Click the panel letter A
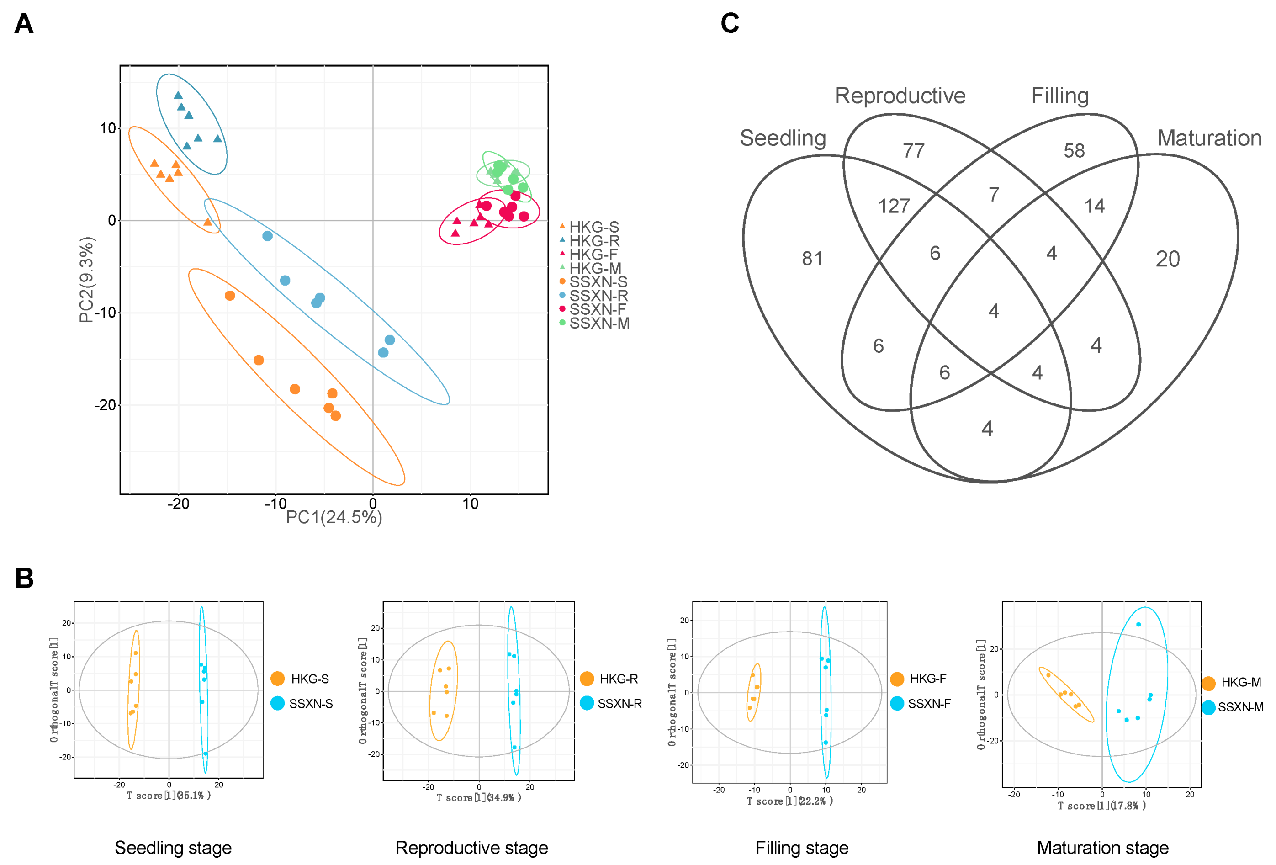pyautogui.click(x=24, y=24)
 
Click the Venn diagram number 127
pyautogui.click(x=894, y=206)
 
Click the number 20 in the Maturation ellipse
pyautogui.click(x=1167, y=259)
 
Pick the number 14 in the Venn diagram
pyautogui.click(x=1094, y=206)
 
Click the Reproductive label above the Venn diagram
pyautogui.click(x=900, y=96)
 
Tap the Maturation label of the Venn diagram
pyautogui.click(x=1209, y=138)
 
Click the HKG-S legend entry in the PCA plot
pyautogui.click(x=593, y=227)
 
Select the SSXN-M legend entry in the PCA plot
pyautogui.click(x=599, y=323)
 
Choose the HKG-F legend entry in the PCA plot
pyautogui.click(x=593, y=254)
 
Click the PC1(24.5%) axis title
pyautogui.click(x=334, y=517)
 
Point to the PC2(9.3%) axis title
pyautogui.click(x=87, y=280)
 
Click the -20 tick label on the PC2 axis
pyautogui.click(x=106, y=405)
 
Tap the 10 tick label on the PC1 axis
pyautogui.click(x=470, y=503)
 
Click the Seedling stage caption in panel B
pyautogui.click(x=173, y=848)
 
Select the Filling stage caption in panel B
pyautogui.click(x=802, y=848)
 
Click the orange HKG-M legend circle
pyautogui.click(x=1208, y=683)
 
